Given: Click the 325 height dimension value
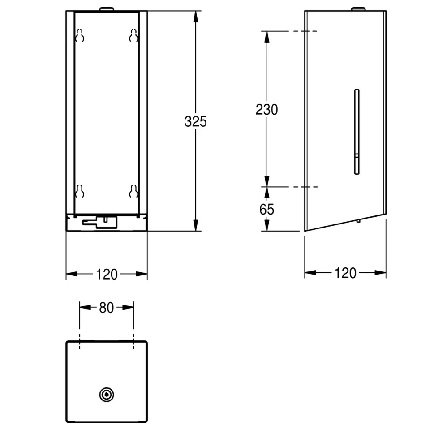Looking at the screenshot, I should pyautogui.click(x=196, y=121).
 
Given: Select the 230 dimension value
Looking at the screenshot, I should pyautogui.click(x=267, y=109).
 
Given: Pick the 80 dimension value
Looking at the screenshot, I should pyautogui.click(x=107, y=308).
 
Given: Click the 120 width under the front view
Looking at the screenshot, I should pyautogui.click(x=107, y=274).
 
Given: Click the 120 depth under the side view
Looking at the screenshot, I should pyautogui.click(x=345, y=273).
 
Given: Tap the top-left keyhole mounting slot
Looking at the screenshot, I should pyautogui.click(x=80, y=35).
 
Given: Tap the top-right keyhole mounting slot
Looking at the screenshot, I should pyautogui.click(x=133, y=35).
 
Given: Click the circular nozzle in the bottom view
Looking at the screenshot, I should pyautogui.click(x=107, y=394).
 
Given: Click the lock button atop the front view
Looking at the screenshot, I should pyautogui.click(x=107, y=9).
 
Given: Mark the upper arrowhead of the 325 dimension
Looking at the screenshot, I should pyautogui.click(x=196, y=16).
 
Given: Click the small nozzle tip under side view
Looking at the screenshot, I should pyautogui.click(x=358, y=220).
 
